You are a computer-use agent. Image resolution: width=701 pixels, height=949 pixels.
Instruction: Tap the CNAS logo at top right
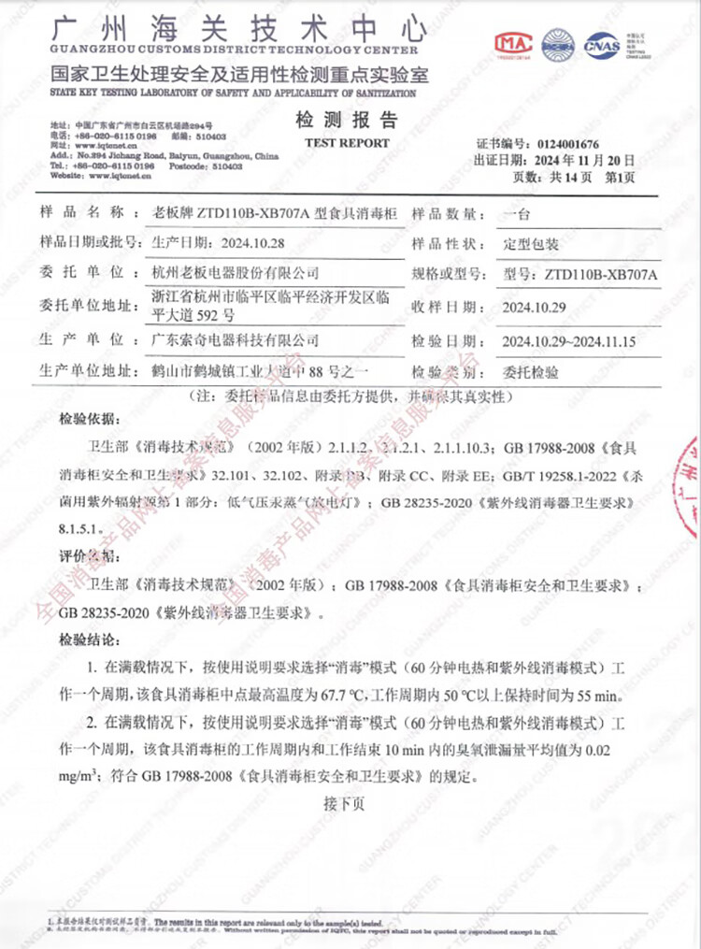[602, 44]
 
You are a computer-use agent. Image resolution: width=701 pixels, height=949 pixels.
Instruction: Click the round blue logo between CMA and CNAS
[559, 44]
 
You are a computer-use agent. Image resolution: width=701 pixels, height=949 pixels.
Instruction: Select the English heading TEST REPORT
[347, 143]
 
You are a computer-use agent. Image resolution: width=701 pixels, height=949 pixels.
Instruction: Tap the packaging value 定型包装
[530, 243]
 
